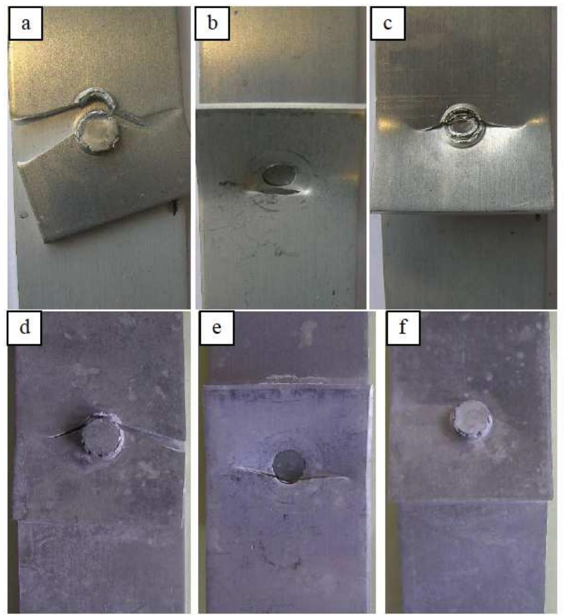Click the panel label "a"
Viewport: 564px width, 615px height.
tap(26, 24)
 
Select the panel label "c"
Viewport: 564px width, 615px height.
tap(387, 24)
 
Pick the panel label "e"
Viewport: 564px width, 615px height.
tap(216, 326)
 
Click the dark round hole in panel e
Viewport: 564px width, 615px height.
tap(289, 465)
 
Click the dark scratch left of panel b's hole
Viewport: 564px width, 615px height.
tap(231, 182)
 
